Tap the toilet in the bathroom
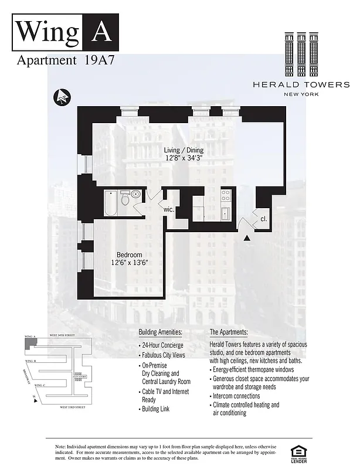pyautogui.click(x=125, y=199)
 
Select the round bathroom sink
pyautogui.click(x=135, y=195)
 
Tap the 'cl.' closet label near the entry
pyautogui.click(x=264, y=217)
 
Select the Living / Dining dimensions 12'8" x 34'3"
pyautogui.click(x=184, y=158)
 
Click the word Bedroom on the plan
pyautogui.click(x=129, y=254)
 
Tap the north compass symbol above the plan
pyautogui.click(x=61, y=96)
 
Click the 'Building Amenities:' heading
pyautogui.click(x=161, y=332)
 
